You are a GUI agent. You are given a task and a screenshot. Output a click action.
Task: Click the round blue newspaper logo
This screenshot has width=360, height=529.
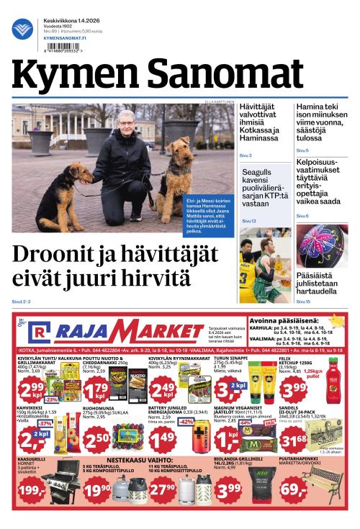pyautogui.click(x=22, y=30)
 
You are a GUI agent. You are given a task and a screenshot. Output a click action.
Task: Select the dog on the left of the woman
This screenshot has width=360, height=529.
pyautogui.click(x=65, y=191)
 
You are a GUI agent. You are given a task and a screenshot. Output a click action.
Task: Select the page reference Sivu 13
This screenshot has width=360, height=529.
pyautogui.click(x=248, y=221)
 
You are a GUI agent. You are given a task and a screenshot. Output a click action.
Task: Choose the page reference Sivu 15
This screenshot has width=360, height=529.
pyautogui.click(x=302, y=301)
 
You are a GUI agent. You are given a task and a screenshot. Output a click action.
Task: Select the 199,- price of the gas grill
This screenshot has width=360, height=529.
pyautogui.click(x=31, y=490)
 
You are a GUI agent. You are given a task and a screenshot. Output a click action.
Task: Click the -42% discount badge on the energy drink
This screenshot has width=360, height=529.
pyautogui.click(x=186, y=422)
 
